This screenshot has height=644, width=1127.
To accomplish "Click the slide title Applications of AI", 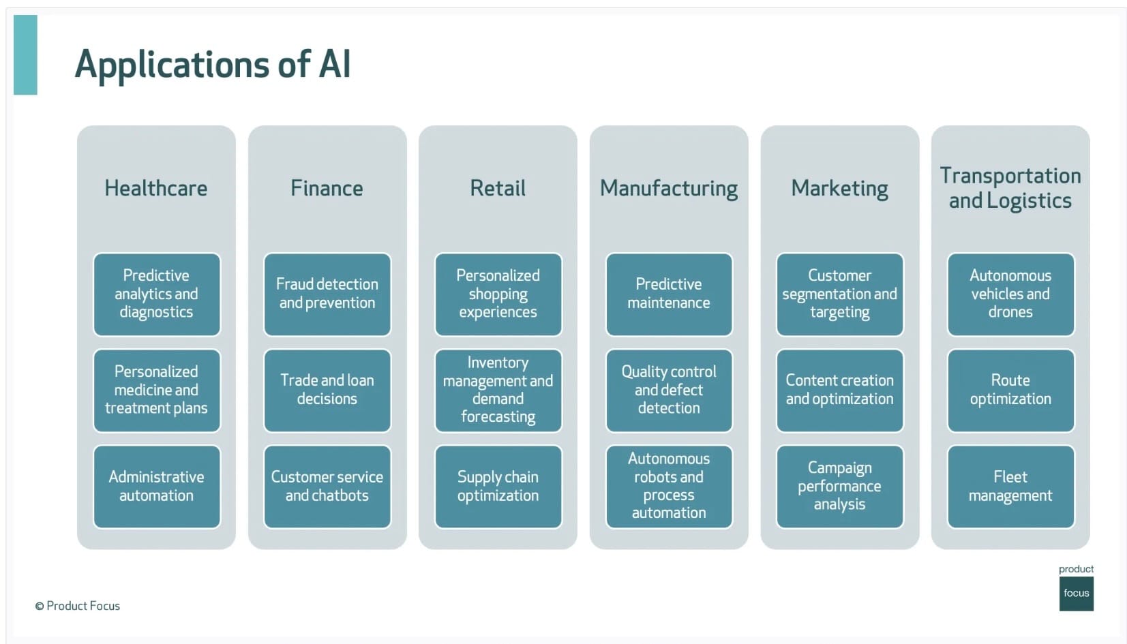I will [x=213, y=65].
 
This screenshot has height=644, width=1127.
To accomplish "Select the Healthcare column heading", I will [x=156, y=188].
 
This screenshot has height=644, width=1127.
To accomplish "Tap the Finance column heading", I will [x=327, y=188].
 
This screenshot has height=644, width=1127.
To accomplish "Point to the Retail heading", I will [x=498, y=188].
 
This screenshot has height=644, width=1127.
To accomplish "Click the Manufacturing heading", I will [x=669, y=189].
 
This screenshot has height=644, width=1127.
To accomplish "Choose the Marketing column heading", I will [x=839, y=189].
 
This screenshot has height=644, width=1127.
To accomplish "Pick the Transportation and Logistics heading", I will [x=1010, y=188].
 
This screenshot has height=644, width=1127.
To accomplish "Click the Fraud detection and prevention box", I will [x=327, y=294].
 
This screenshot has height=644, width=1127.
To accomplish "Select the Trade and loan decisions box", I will [x=327, y=390].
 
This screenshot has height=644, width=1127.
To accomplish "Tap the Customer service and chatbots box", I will [x=327, y=487].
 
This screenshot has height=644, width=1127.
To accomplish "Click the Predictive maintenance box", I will [x=669, y=294].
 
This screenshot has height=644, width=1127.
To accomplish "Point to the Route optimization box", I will [x=1010, y=390].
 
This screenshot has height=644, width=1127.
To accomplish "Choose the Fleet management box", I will [x=1010, y=487].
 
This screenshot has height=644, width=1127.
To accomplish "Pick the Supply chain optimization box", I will [x=498, y=487].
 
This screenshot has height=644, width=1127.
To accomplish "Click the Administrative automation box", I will [x=157, y=487].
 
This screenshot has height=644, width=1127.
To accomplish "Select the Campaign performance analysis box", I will [x=839, y=487].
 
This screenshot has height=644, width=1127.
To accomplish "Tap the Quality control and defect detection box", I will [x=669, y=390].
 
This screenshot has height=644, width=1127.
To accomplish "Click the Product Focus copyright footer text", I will [x=78, y=606].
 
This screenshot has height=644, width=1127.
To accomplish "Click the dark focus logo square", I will [x=1076, y=594].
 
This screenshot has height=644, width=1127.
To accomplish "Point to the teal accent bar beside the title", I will [x=25, y=55].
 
